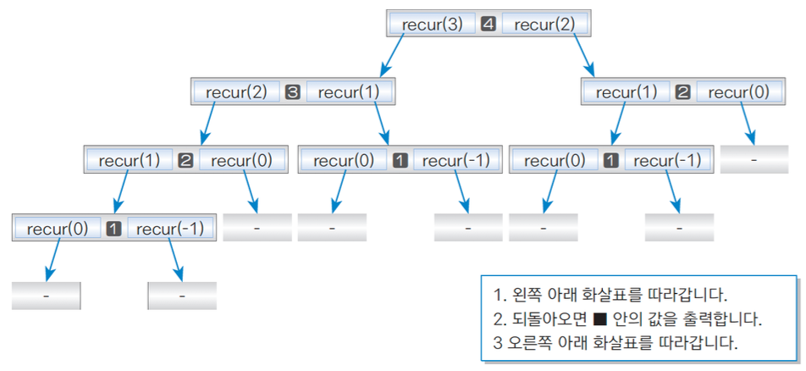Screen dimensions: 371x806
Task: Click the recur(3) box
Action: [432, 24]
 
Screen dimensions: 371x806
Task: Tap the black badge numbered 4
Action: [488, 25]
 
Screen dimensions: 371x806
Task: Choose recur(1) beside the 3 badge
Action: [350, 92]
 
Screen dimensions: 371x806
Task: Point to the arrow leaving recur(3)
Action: [398, 54]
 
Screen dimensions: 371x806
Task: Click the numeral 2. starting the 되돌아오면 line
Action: [498, 321]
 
